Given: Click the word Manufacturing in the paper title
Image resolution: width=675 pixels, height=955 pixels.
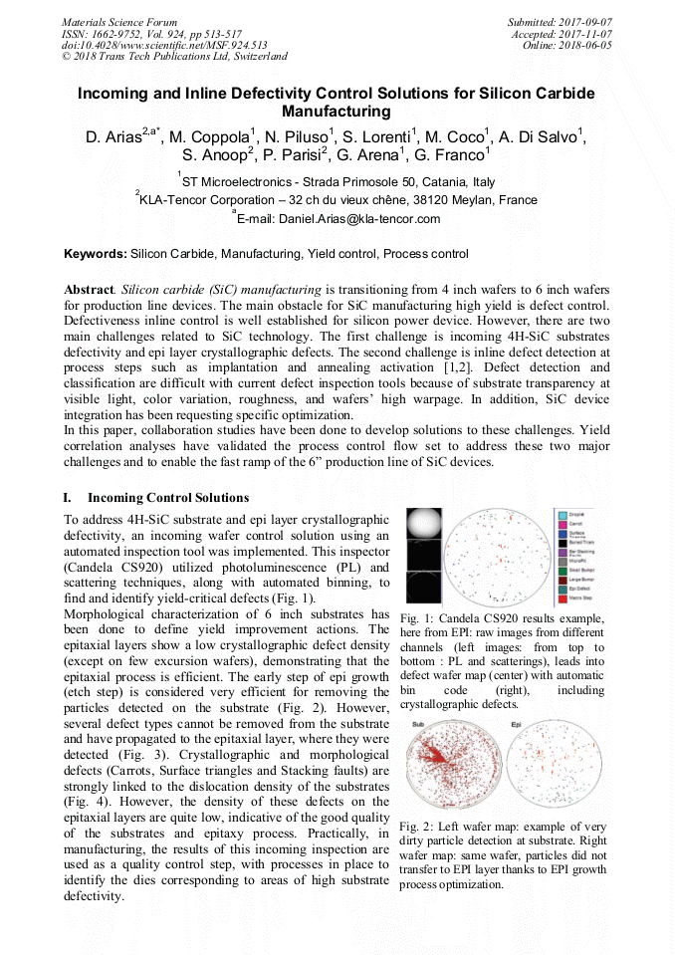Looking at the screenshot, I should click(x=337, y=112).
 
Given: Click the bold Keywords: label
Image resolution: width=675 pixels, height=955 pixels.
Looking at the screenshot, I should click(x=96, y=255).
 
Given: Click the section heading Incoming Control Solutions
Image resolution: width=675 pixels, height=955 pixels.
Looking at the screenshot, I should click(x=168, y=498).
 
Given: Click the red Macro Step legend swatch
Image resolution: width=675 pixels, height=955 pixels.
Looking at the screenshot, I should click(x=560, y=599).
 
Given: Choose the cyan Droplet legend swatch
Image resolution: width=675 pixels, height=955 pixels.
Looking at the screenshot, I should click(x=560, y=514).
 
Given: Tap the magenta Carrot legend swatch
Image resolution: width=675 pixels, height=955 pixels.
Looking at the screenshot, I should click(x=560, y=524).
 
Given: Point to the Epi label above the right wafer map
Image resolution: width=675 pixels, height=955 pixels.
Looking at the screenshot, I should click(x=516, y=723).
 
